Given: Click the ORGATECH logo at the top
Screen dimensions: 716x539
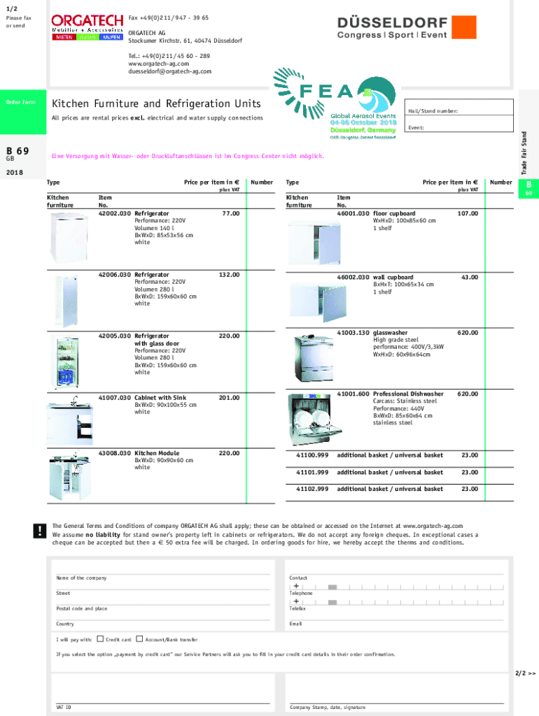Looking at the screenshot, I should click(x=86, y=27).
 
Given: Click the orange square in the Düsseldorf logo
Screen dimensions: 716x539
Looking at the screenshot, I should click(x=463, y=27).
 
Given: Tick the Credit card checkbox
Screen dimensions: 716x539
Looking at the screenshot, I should click(x=99, y=638).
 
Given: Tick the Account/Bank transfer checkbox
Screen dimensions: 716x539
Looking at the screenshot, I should click(x=139, y=638).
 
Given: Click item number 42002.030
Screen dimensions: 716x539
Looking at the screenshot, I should click(x=115, y=213).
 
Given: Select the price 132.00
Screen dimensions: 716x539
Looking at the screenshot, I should click(x=229, y=275).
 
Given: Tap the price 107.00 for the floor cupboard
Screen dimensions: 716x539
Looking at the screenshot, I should click(x=468, y=213).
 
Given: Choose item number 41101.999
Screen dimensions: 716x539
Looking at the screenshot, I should click(x=312, y=473).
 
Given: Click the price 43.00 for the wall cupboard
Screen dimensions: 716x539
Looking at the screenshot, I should click(x=469, y=277).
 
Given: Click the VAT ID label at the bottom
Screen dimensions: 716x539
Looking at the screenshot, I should click(x=64, y=707).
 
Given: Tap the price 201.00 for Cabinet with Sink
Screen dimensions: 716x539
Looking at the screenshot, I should click(x=229, y=397).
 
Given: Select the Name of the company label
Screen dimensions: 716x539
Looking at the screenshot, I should click(x=81, y=578).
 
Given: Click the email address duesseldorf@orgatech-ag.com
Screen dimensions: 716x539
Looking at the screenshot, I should click(x=169, y=71).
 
